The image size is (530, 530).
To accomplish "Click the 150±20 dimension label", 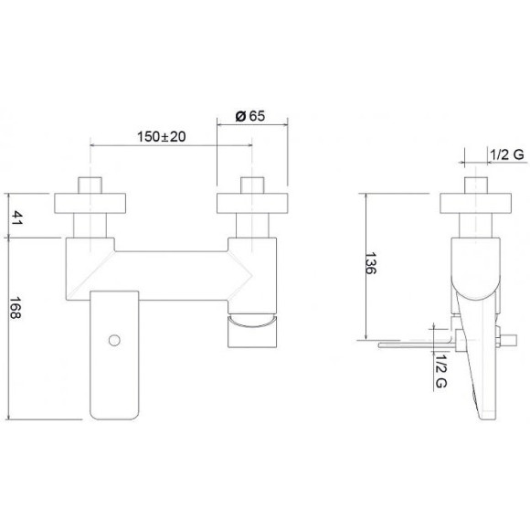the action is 161,136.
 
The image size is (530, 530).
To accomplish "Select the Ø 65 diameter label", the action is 250,116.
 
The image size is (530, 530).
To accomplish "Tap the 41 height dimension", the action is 16,217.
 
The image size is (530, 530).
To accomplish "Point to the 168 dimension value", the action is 16,308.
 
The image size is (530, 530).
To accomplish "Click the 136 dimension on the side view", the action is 371,263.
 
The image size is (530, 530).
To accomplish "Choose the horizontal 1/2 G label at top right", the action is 506,154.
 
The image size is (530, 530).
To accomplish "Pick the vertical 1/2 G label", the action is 440,371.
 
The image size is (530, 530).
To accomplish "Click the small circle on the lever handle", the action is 114,340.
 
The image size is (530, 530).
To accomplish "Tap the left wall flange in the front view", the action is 90,203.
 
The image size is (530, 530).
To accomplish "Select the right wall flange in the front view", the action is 252,203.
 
